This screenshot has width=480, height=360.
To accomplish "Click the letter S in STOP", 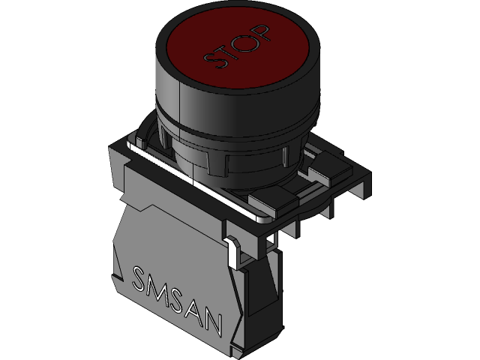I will [215, 61].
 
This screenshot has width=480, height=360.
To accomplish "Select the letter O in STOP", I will [244, 42].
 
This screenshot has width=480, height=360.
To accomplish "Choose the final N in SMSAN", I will [213, 322].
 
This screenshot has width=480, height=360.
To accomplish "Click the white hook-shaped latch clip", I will [233, 250].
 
